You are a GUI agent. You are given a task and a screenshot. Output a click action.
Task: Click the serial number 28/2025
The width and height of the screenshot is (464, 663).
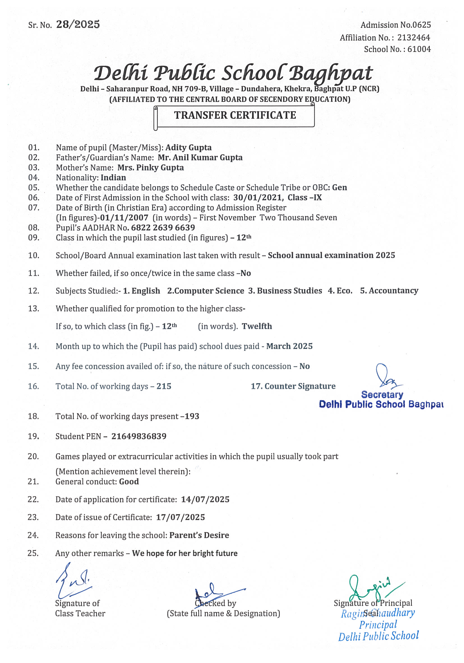(x=78, y=25)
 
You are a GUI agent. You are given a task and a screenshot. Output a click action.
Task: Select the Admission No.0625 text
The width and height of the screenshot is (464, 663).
(x=395, y=25)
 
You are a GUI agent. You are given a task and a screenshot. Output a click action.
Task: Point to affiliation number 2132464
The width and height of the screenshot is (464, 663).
(x=414, y=38)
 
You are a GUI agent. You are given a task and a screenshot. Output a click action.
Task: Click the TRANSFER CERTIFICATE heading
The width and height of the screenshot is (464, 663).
(x=235, y=115)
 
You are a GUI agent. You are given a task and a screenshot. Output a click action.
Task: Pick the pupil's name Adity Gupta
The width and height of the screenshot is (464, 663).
(x=188, y=148)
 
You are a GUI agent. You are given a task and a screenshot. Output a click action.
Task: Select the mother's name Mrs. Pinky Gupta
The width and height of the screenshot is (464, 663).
(x=150, y=167)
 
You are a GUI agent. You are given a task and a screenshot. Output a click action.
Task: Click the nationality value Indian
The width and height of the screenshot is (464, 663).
(x=113, y=178)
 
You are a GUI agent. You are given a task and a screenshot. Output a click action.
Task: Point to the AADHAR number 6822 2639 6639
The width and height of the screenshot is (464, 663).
(x=163, y=228)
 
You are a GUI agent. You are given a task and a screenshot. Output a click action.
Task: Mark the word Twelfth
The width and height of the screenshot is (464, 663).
(x=257, y=326)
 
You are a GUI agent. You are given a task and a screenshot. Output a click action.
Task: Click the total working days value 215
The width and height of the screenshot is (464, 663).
(x=164, y=386)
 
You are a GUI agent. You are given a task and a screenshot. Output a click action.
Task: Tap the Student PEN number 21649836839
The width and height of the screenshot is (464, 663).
(x=139, y=436)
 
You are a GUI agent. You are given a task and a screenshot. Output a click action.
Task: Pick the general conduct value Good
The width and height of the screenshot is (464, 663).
(x=129, y=482)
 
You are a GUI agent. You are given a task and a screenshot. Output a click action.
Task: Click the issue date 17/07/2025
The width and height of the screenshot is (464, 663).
(x=180, y=517)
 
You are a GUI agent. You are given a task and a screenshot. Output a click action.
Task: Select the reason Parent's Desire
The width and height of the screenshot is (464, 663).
(x=199, y=535)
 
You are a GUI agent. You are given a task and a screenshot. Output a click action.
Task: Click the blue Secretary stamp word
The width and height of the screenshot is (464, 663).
(x=382, y=395)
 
